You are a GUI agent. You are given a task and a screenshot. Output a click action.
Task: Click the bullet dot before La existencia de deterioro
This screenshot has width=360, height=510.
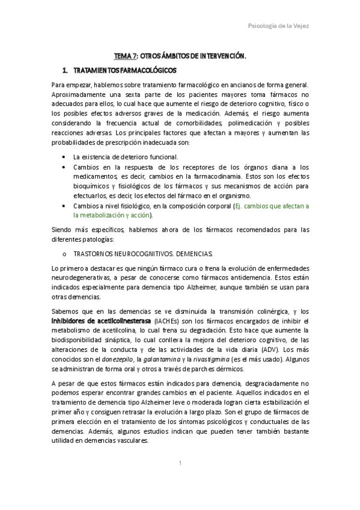(64, 156)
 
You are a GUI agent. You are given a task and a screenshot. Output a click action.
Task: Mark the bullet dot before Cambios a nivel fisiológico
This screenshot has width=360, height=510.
(64, 206)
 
